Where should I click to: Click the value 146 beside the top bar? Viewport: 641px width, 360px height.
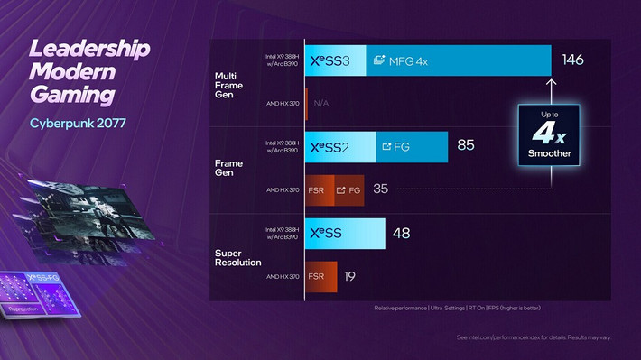[x=572, y=60]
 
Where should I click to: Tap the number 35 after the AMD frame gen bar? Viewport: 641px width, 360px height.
[x=381, y=189]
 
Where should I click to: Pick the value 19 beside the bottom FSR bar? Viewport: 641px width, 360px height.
[x=349, y=276]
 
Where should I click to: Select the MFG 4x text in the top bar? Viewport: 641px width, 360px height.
[x=403, y=60]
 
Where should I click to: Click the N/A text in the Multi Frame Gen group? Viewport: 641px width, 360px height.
[x=321, y=103]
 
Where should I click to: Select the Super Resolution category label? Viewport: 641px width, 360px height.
[x=237, y=256]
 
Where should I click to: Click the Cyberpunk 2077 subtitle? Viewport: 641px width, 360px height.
[x=78, y=123]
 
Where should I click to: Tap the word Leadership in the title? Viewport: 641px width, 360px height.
[x=88, y=49]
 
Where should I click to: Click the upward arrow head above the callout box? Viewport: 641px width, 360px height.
[x=551, y=82]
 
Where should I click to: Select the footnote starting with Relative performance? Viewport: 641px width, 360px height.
[x=457, y=309]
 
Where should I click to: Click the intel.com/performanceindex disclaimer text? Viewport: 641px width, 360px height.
[x=534, y=337]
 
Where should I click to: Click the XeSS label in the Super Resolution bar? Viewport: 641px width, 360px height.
[x=328, y=233]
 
